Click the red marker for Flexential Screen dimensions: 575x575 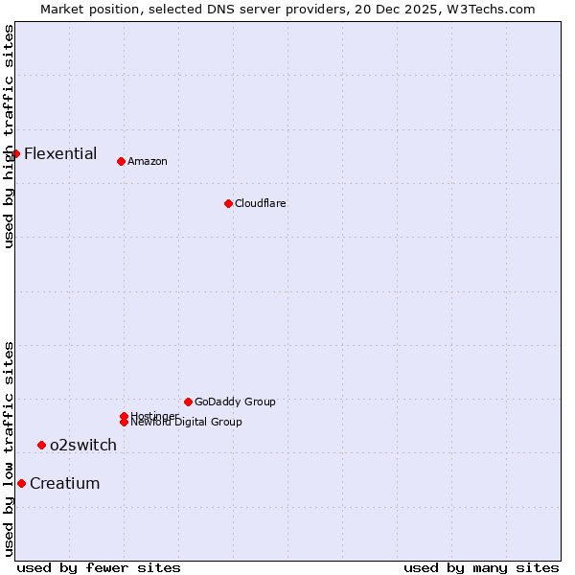click(x=15, y=153)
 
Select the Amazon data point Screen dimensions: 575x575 click(x=121, y=161)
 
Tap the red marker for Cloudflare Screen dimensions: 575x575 click(x=228, y=203)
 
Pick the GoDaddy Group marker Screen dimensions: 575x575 click(x=188, y=402)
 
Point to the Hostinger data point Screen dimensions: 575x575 click(x=124, y=416)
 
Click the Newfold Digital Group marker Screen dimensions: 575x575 click(x=124, y=422)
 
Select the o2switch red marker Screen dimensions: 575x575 click(x=41, y=445)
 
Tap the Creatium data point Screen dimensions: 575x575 click(x=21, y=483)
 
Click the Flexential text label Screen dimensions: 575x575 click(x=60, y=153)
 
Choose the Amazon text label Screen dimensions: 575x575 click(x=148, y=161)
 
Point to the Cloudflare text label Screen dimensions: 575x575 click(x=261, y=203)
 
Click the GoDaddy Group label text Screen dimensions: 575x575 click(x=235, y=402)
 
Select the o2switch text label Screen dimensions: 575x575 click(x=83, y=445)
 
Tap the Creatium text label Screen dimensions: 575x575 click(x=65, y=483)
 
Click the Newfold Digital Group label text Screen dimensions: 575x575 click(x=188, y=423)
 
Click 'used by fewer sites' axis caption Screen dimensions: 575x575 click(x=99, y=567)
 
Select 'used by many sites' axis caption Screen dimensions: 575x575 click(x=481, y=567)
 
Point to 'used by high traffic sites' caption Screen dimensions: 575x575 click(x=9, y=136)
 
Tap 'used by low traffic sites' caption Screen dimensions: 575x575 click(x=9, y=448)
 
